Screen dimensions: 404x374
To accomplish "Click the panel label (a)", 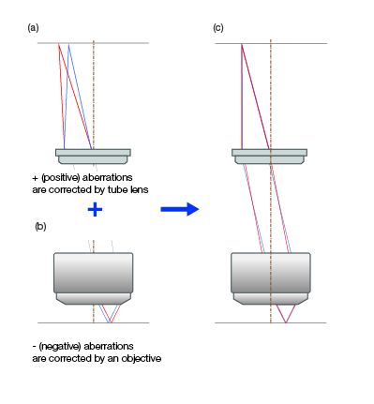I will pyautogui.click(x=33, y=29).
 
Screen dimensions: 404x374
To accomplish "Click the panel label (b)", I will pyautogui.click(x=39, y=227).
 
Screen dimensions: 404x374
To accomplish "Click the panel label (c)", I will pyautogui.click(x=218, y=29).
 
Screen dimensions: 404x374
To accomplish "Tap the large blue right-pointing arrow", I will pyautogui.click(x=180, y=209).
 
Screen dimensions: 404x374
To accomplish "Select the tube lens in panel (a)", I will pyautogui.click(x=92, y=155).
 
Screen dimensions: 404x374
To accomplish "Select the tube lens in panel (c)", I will pyautogui.click(x=270, y=156).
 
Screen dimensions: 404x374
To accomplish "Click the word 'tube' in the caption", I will pyautogui.click(x=115, y=189).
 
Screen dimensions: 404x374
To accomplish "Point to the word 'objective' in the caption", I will pyautogui.click(x=142, y=357).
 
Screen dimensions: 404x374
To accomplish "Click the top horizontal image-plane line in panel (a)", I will pyautogui.click(x=122, y=43).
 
